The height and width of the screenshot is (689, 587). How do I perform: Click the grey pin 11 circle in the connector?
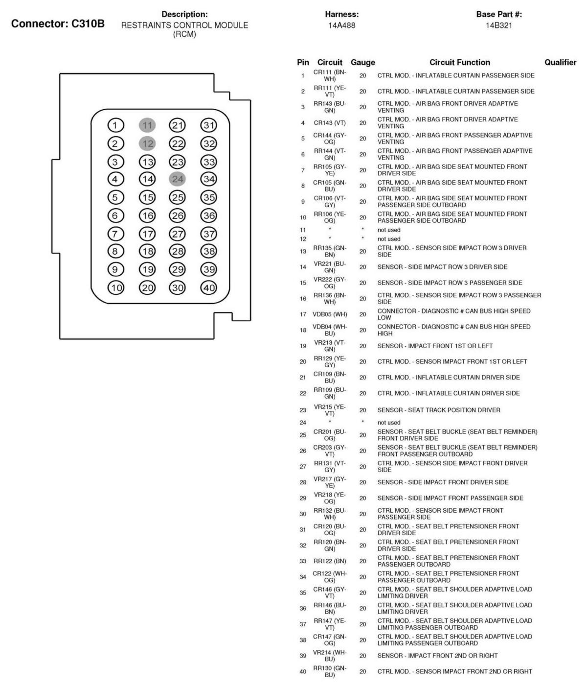point(147,125)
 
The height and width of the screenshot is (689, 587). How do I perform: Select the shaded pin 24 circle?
point(178,179)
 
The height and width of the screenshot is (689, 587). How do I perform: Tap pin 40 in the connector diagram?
point(209,287)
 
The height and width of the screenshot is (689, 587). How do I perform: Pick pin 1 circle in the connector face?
point(115,125)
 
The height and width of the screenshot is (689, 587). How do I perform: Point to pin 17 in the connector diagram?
point(147,234)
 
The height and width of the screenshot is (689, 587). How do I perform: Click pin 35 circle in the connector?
point(209,197)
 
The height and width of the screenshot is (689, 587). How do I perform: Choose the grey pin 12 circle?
point(147,143)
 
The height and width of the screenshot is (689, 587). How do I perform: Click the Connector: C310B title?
point(58,24)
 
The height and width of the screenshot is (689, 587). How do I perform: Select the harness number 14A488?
point(342,25)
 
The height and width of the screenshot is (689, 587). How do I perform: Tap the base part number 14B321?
point(499,25)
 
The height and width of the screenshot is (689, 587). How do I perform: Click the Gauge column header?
point(362,62)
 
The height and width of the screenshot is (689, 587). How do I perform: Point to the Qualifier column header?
point(561,62)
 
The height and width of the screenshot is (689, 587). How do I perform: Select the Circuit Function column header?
point(460,62)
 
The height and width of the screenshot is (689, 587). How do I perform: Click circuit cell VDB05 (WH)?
point(330,314)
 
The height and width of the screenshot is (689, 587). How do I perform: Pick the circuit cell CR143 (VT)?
point(330,122)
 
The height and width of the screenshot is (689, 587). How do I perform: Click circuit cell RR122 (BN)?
point(330,561)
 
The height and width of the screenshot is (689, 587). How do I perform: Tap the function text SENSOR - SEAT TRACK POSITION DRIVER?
point(439,410)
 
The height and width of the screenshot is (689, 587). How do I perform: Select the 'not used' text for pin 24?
point(389,423)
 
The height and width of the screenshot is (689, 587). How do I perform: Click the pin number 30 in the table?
point(303,514)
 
